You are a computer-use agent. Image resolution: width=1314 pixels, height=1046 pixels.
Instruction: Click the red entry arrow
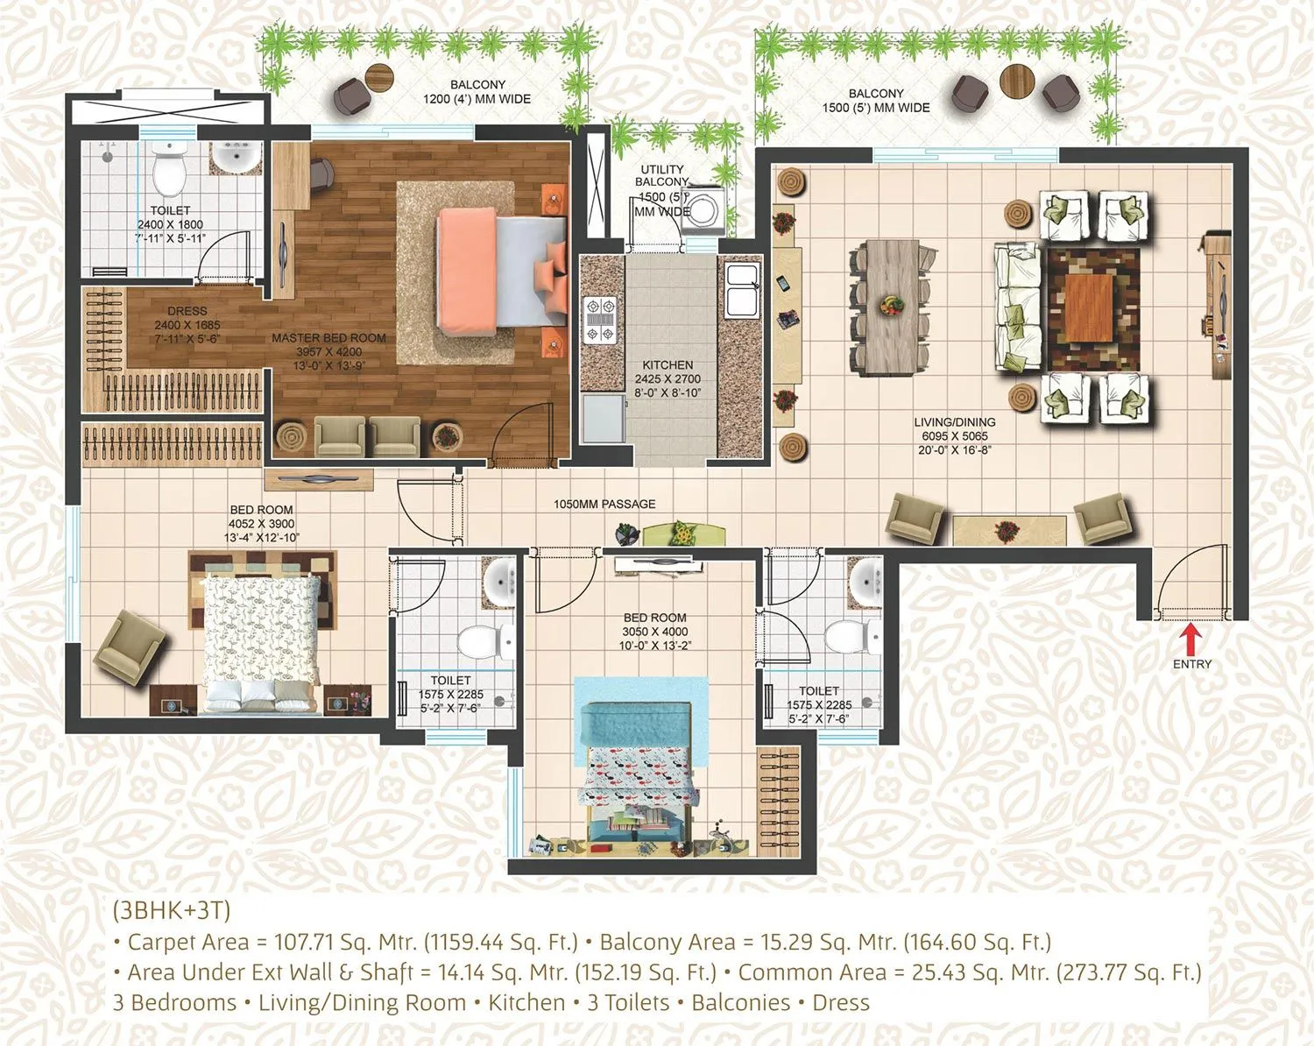[1192, 636]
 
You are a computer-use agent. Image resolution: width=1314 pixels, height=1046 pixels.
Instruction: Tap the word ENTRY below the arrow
[1192, 664]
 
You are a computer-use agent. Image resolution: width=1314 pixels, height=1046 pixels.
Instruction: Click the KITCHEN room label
[668, 365]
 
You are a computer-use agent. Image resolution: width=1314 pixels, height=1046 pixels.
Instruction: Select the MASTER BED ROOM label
[328, 338]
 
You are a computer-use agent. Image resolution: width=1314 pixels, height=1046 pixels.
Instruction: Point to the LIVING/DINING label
[955, 422]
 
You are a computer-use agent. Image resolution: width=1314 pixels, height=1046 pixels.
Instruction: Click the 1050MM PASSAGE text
[604, 505]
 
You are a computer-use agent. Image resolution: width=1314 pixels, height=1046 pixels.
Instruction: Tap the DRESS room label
[187, 311]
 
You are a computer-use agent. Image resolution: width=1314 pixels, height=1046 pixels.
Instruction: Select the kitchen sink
[741, 290]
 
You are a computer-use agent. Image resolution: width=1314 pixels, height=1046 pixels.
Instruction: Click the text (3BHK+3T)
[172, 910]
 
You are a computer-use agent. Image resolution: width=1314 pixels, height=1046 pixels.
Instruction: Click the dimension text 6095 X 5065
[955, 436]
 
